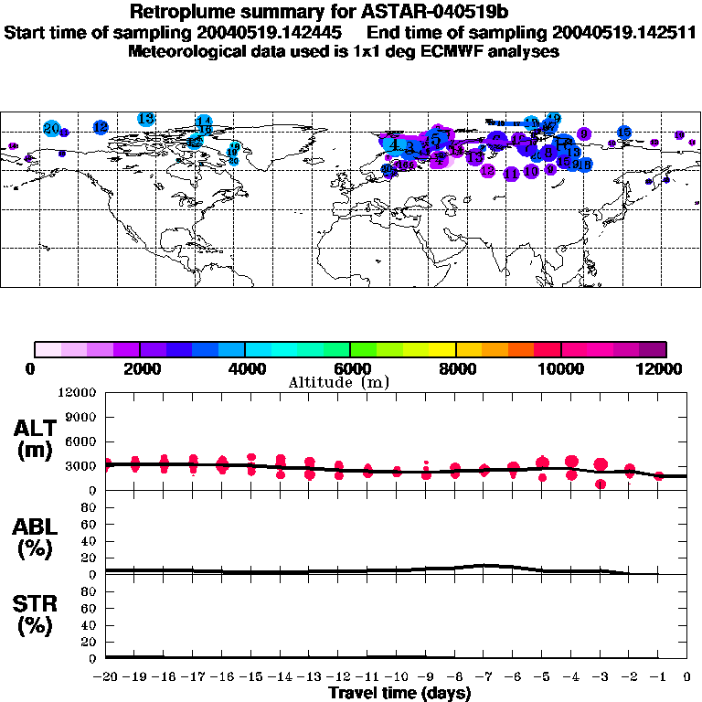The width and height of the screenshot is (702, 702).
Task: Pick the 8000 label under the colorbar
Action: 455,368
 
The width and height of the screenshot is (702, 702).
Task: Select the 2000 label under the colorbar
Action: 139,368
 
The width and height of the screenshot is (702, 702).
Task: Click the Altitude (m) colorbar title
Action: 338,382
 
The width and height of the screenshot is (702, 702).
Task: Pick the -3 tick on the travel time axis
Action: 600,677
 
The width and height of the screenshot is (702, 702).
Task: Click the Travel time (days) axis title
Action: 399,694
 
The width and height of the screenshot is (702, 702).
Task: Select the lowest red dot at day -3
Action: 601,484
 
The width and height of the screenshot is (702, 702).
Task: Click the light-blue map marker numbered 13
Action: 145,119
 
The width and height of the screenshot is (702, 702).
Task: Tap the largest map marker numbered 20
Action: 51,129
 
